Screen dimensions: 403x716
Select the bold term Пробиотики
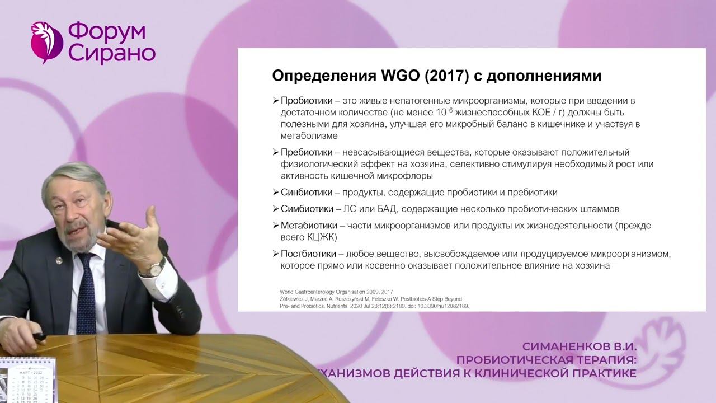coord(306,101)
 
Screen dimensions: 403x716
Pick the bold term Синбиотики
coord(307,193)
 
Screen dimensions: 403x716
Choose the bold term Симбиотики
coord(307,209)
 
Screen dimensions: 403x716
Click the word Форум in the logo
coord(107,32)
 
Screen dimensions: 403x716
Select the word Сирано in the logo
coord(111,54)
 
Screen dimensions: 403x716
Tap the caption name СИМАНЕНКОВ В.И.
coord(579,346)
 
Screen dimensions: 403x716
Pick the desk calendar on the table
coord(22,381)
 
